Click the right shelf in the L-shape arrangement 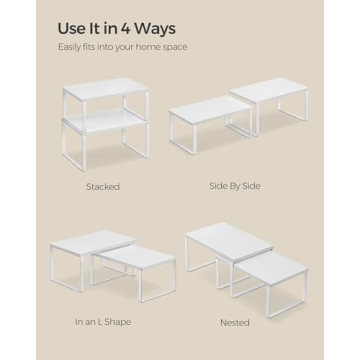125,261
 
